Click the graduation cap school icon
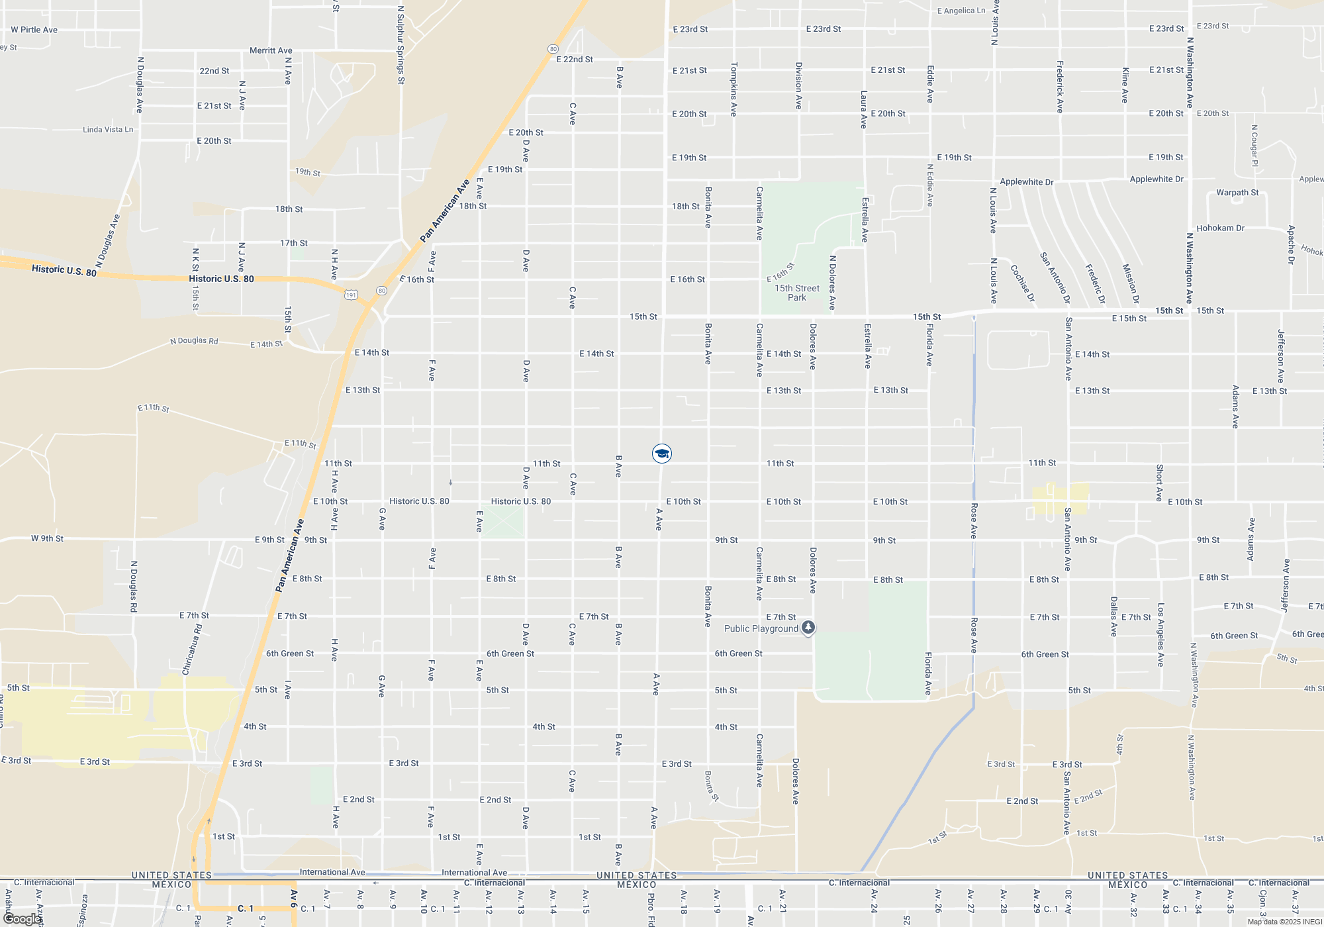pos(661,454)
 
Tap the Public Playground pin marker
pos(808,627)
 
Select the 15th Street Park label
pos(797,293)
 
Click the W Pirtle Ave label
pos(34,30)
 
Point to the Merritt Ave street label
pos(271,50)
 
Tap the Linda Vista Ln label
pos(108,130)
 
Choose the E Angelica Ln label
pos(961,11)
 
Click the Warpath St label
pos(1237,193)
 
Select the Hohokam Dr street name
pos(1220,228)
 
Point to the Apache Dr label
pos(1291,244)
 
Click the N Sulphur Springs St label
pos(401,45)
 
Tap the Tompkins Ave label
pos(733,89)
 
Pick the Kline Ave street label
pos(1125,85)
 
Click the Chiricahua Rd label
pos(192,649)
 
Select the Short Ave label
pos(1159,482)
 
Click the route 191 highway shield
pos(351,295)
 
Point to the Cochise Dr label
pos(1023,283)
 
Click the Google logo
pos(22,918)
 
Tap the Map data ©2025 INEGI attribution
pos(1284,922)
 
